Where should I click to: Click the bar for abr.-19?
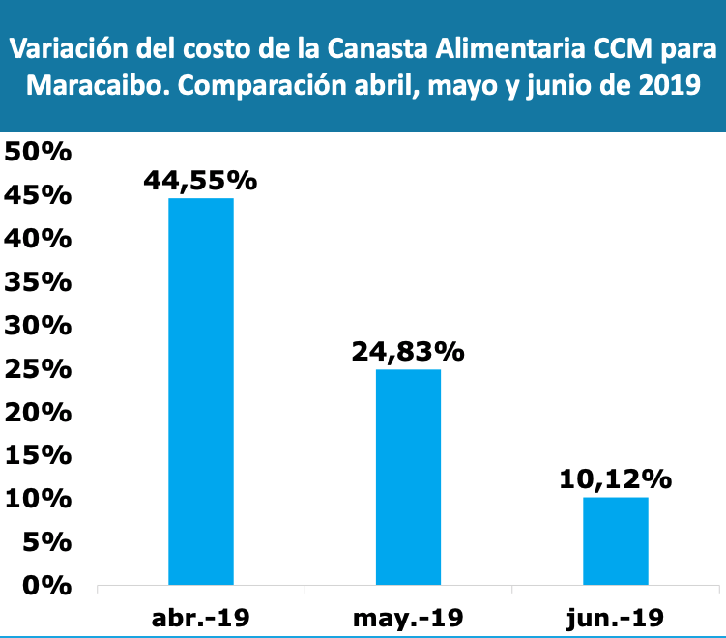pos(201,391)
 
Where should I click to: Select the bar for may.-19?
pos(408,478)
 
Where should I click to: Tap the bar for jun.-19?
pos(615,541)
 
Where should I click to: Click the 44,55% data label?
pos(201,180)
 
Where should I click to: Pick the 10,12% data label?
pos(615,478)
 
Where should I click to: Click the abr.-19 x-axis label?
pos(201,617)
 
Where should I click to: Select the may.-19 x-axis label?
pos(408,617)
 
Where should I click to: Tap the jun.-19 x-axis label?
pos(615,617)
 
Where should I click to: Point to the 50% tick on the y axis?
pos(38,153)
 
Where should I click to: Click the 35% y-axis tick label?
pos(38,282)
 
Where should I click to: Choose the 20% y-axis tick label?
pos(38,413)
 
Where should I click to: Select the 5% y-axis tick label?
pos(45,542)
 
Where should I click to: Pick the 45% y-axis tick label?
pos(38,196)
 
